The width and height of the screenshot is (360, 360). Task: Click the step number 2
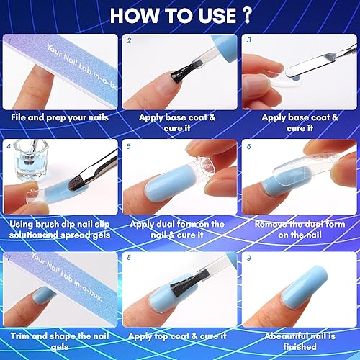(x=128, y=42)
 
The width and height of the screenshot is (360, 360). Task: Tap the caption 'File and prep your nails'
(x=59, y=115)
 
